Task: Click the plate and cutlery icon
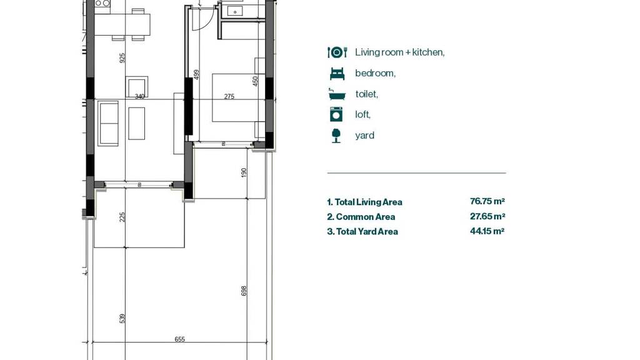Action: (337, 52)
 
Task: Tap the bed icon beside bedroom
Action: (337, 74)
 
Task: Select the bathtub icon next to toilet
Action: (337, 94)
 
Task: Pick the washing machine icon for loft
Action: (336, 114)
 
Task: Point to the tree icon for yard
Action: (336, 136)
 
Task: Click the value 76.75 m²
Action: (487, 201)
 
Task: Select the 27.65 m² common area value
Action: (487, 216)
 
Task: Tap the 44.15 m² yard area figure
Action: (487, 231)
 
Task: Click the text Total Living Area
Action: (369, 202)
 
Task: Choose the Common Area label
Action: (365, 217)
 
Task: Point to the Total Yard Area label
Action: (367, 231)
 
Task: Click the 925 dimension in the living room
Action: (122, 58)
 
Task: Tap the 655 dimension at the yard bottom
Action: (179, 339)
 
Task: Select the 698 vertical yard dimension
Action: (244, 291)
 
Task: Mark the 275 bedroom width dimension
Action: (229, 97)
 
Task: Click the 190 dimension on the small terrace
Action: (244, 172)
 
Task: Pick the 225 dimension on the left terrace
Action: (122, 217)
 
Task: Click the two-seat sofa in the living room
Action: (108, 123)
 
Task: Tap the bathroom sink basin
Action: (235, 11)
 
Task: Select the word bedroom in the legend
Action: (375, 74)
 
